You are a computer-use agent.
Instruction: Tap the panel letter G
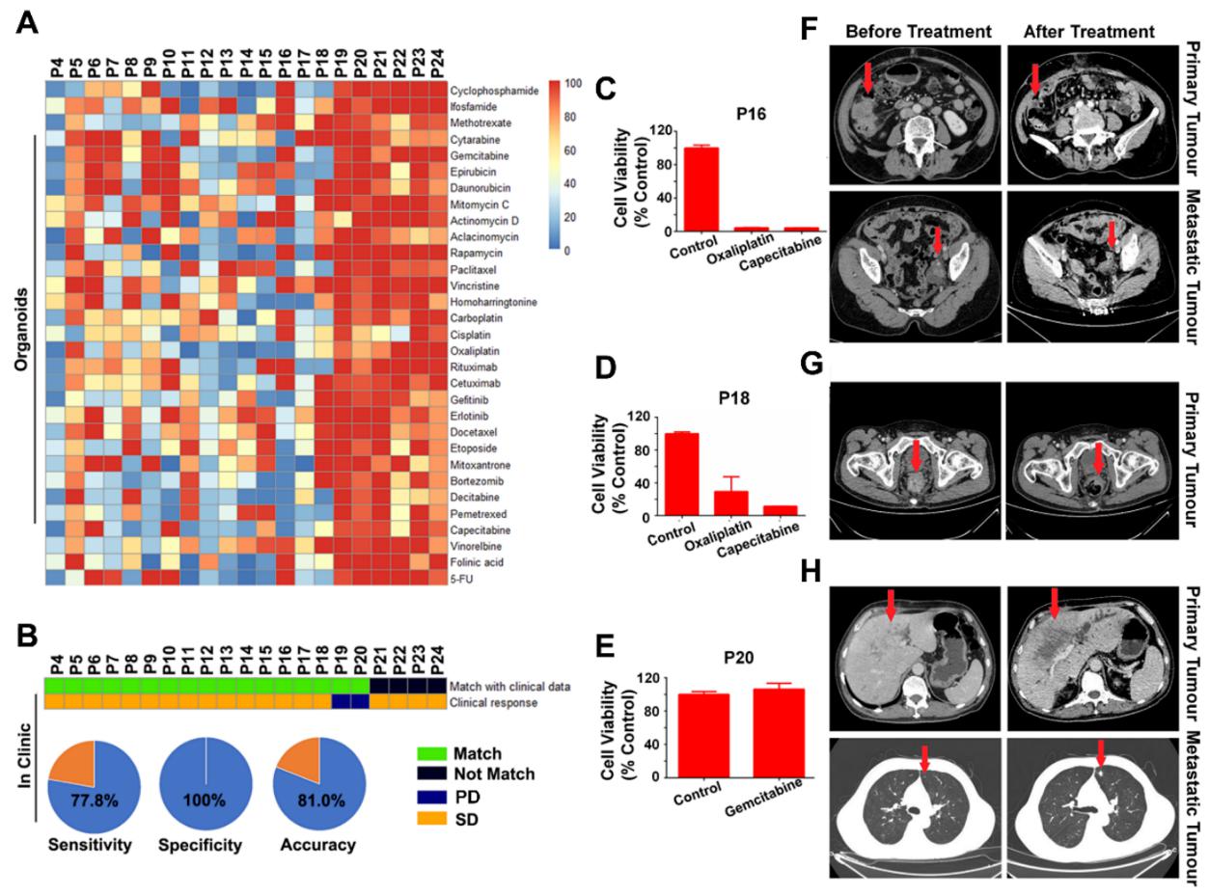point(812,391)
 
